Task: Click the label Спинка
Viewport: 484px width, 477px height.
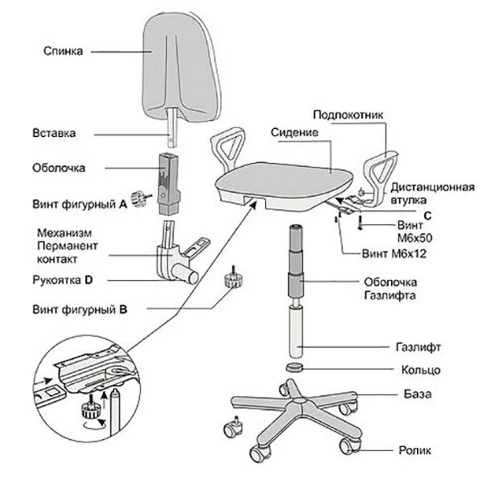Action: [62, 51]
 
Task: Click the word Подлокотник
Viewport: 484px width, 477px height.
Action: [347, 115]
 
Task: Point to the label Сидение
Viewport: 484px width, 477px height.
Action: [294, 132]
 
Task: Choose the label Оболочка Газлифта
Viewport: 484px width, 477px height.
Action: [390, 288]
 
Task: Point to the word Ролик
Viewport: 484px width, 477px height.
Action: [414, 450]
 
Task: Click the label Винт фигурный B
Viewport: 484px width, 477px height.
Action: [79, 308]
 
